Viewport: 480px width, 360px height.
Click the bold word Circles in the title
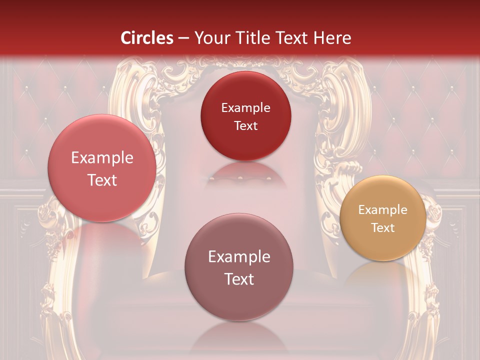(147, 38)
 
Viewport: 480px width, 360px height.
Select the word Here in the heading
(332, 38)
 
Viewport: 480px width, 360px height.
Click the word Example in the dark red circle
(245, 107)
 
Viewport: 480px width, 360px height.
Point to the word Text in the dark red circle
(245, 125)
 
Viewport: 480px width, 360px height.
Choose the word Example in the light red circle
(102, 158)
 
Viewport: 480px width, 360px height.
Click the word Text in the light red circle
(102, 180)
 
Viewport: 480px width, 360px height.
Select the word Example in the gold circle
(383, 210)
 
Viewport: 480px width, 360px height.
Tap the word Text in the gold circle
(383, 228)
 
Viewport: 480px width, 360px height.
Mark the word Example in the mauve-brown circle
(239, 257)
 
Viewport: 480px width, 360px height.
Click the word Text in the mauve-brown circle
(239, 279)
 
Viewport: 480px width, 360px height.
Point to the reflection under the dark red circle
(245, 172)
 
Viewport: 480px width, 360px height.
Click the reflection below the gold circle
(383, 272)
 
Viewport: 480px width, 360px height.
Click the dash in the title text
(183, 38)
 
